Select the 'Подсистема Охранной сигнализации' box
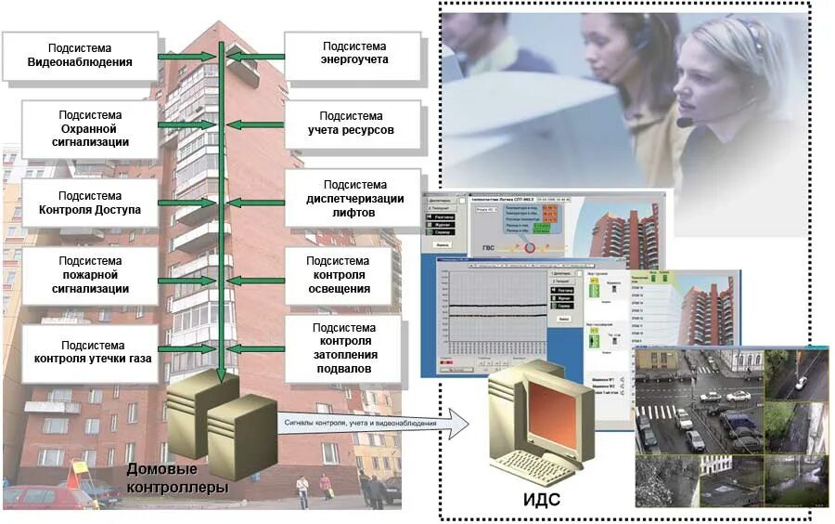tap(90, 128)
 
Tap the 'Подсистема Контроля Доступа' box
tap(90, 203)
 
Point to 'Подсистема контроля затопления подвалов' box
tap(343, 348)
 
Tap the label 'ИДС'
tap(541, 500)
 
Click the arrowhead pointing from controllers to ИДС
tap(458, 424)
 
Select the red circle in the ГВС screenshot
tap(531, 248)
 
